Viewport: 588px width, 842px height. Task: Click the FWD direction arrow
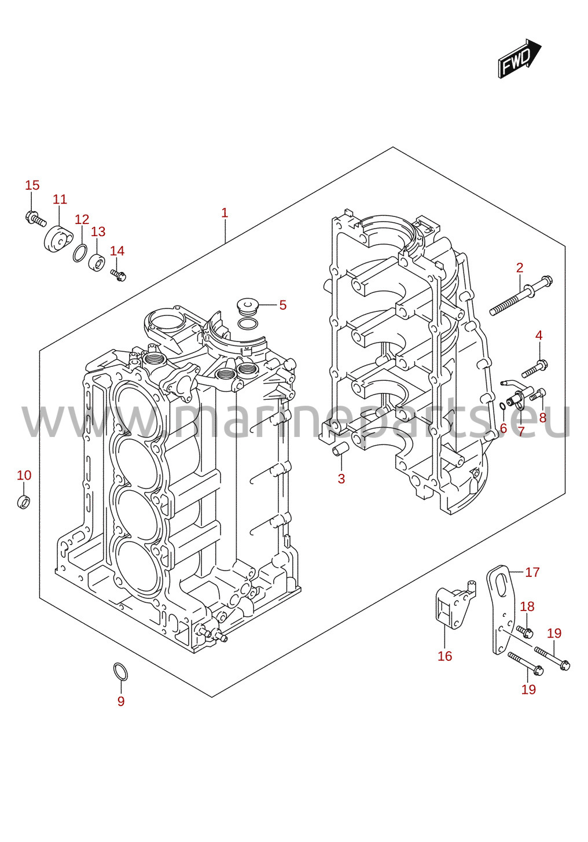click(x=520, y=59)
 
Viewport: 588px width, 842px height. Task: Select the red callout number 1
click(x=225, y=213)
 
